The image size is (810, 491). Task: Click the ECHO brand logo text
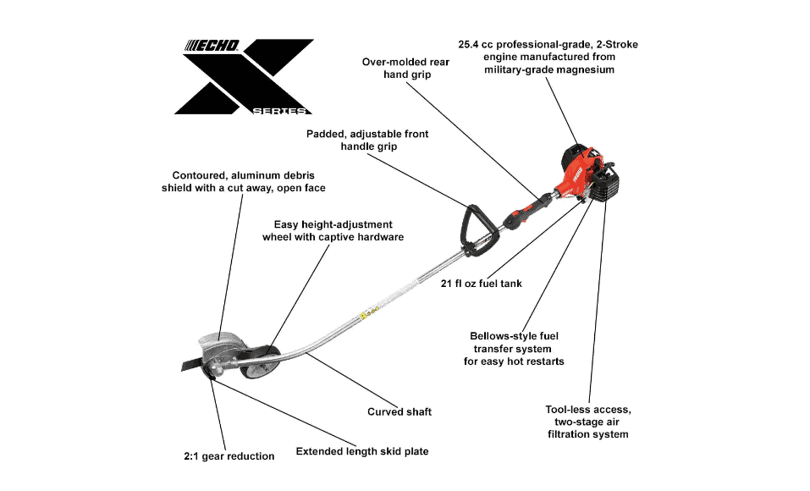click(x=212, y=46)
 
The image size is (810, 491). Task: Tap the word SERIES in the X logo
click(x=279, y=111)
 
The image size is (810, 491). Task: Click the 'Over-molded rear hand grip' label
click(x=405, y=69)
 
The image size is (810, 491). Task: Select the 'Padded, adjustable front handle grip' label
click(x=367, y=140)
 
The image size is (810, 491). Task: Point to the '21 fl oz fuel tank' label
click(x=481, y=284)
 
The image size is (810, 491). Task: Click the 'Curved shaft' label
click(x=399, y=412)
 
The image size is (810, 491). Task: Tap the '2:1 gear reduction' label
click(x=229, y=456)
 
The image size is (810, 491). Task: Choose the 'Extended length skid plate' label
click(x=362, y=451)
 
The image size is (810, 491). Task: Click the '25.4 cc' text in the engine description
click(x=476, y=45)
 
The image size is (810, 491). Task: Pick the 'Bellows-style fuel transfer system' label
click(x=514, y=349)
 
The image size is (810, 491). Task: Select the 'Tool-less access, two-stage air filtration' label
click(x=588, y=422)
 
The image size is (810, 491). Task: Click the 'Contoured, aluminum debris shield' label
click(x=243, y=181)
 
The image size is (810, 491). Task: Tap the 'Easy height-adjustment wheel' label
click(x=333, y=230)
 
